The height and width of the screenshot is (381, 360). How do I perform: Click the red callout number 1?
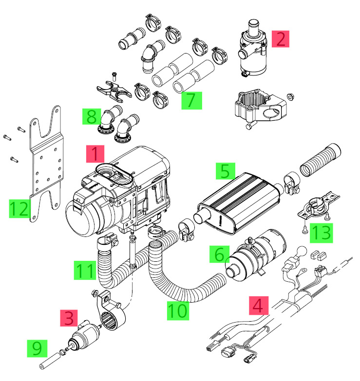pyautogui.click(x=95, y=153)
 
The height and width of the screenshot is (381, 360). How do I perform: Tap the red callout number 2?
pyautogui.click(x=280, y=38)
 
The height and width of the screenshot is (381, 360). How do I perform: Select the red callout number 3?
pyautogui.click(x=69, y=318)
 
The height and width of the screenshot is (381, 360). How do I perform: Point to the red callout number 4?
pyautogui.click(x=258, y=306)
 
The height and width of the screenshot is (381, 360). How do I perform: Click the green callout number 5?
pyautogui.click(x=225, y=171)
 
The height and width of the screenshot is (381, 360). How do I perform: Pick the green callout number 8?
pyautogui.click(x=91, y=116)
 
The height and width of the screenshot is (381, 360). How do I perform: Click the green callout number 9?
pyautogui.click(x=37, y=348)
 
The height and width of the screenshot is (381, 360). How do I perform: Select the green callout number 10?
pyautogui.click(x=178, y=310)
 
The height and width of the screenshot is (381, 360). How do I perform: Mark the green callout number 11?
pyautogui.click(x=85, y=271)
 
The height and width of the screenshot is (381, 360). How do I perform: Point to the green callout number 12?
pyautogui.click(x=19, y=209)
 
